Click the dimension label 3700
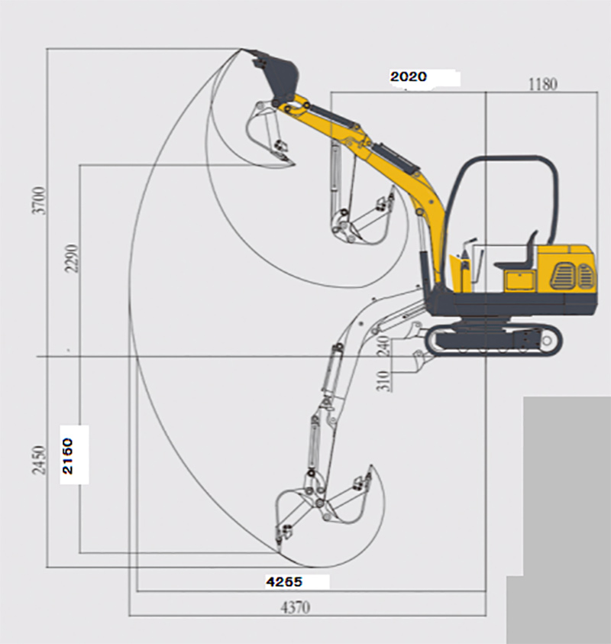pos(39,200)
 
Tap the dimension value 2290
pos(70,258)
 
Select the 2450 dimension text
pos(39,460)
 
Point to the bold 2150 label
pos(68,456)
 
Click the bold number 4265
pos(284,581)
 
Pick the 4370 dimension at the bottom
pos(296,607)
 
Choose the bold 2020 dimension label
pos(409,77)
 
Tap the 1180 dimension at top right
pos(542,84)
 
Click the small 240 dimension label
pos(383,346)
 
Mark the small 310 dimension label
pos(383,380)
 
